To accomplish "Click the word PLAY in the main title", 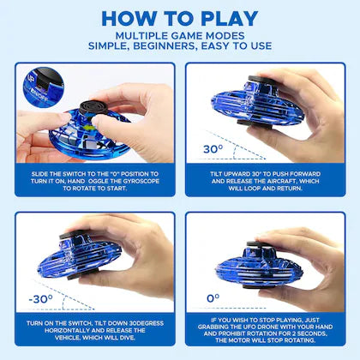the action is pyautogui.click(x=230, y=19).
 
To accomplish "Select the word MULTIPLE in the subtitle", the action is pyautogui.click(x=141, y=36).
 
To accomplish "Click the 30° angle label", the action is pyautogui.click(x=213, y=149).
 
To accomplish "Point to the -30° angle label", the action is pyautogui.click(x=41, y=299).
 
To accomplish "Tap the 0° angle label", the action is pyautogui.click(x=213, y=298).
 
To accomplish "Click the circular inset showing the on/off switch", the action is pyautogui.click(x=44, y=87).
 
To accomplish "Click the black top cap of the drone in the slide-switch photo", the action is pyautogui.click(x=93, y=107).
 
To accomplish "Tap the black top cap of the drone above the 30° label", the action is pyautogui.click(x=261, y=80).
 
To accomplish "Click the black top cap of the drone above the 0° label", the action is pyautogui.click(x=258, y=244).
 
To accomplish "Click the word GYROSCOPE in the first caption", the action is pyautogui.click(x=141, y=181).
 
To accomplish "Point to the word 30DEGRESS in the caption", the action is pyautogui.click(x=146, y=323).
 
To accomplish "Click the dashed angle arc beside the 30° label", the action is pyautogui.click(x=234, y=152).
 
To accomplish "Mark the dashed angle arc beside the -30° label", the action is pyautogui.click(x=64, y=303).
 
